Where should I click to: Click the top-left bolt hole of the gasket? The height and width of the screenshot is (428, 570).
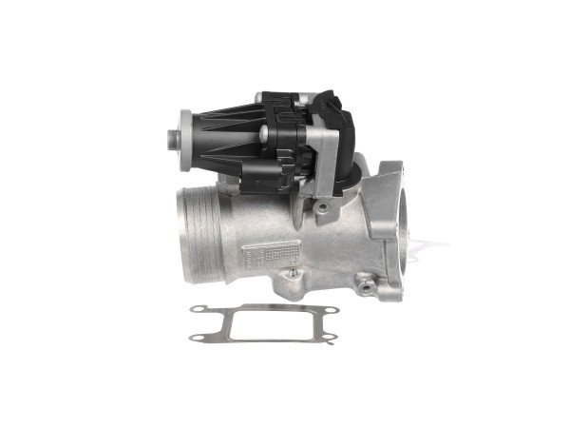[x=199, y=309]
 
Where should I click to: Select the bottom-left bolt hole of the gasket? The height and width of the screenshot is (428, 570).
[x=195, y=337]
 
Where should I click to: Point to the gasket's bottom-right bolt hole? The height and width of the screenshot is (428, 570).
[x=326, y=340]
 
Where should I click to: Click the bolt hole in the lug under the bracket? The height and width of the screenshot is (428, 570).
[x=325, y=206]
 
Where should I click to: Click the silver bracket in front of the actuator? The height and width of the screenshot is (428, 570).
[x=327, y=162]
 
